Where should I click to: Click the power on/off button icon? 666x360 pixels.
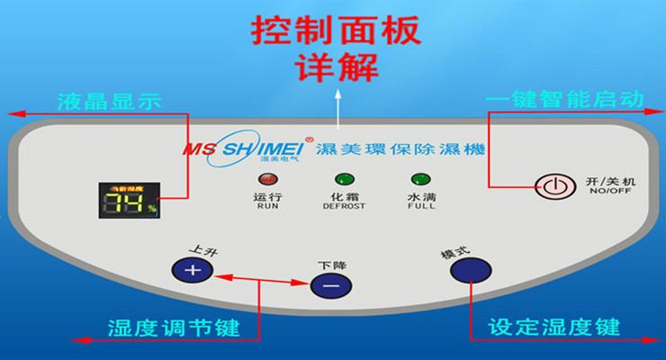553,187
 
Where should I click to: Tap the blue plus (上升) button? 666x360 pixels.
189,269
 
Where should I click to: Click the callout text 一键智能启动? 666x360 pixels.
564,99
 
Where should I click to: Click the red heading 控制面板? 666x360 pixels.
335,31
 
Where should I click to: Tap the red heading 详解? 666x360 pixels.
335,67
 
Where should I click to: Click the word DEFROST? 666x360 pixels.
344,206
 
